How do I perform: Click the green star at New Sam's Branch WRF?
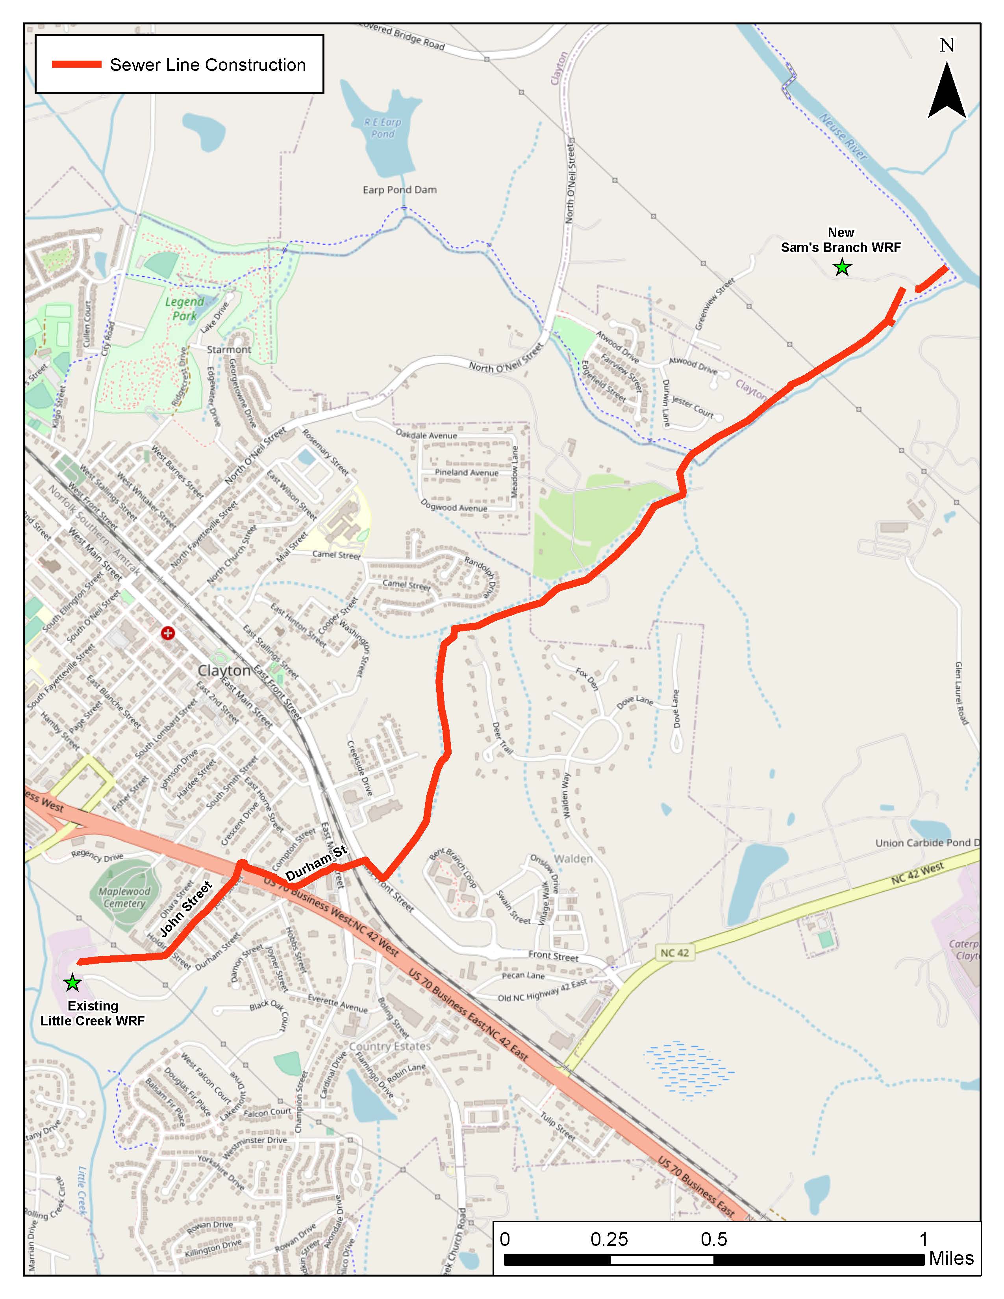point(842,268)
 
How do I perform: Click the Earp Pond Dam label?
point(400,190)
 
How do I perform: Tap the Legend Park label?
point(184,309)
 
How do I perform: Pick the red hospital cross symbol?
point(168,633)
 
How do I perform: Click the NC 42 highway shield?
point(674,953)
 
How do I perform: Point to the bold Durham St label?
point(316,863)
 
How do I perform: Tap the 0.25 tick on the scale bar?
point(609,1240)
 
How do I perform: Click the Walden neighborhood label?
point(573,859)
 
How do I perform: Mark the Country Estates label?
point(389,1046)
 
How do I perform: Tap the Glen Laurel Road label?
point(961,693)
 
